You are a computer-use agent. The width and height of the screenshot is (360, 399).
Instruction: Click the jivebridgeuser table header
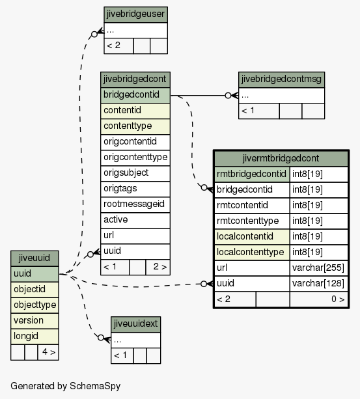[x=135, y=14]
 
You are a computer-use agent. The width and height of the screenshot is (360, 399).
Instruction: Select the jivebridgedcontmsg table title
[x=281, y=79]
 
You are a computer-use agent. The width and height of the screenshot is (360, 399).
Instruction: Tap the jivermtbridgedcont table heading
[x=281, y=159]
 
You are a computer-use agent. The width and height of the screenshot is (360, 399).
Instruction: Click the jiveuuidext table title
[x=135, y=324]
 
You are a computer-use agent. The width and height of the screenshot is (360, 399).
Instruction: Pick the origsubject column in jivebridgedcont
[x=135, y=173]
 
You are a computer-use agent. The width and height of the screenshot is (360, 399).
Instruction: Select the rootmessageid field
[x=135, y=204]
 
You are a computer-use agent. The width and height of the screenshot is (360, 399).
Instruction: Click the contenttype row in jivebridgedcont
[x=135, y=126]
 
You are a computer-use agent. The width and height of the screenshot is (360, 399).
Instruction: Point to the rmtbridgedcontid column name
[x=252, y=174]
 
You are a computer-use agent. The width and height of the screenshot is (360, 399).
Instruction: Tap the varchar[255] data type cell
[x=318, y=268]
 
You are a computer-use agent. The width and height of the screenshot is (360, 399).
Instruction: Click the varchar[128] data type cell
[x=318, y=284]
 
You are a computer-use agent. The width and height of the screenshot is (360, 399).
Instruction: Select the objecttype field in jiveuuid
[x=35, y=305]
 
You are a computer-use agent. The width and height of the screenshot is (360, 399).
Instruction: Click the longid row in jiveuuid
[x=35, y=337]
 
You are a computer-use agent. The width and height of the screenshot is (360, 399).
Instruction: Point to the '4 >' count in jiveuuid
[x=48, y=352]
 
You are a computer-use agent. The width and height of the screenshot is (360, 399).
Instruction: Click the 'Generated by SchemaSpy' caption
[x=65, y=386]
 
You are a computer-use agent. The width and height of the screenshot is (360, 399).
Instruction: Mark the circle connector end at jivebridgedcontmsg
[x=228, y=96]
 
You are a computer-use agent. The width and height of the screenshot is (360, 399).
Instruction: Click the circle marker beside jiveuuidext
[x=101, y=338]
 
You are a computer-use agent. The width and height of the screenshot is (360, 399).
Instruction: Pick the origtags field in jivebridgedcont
[x=135, y=189]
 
